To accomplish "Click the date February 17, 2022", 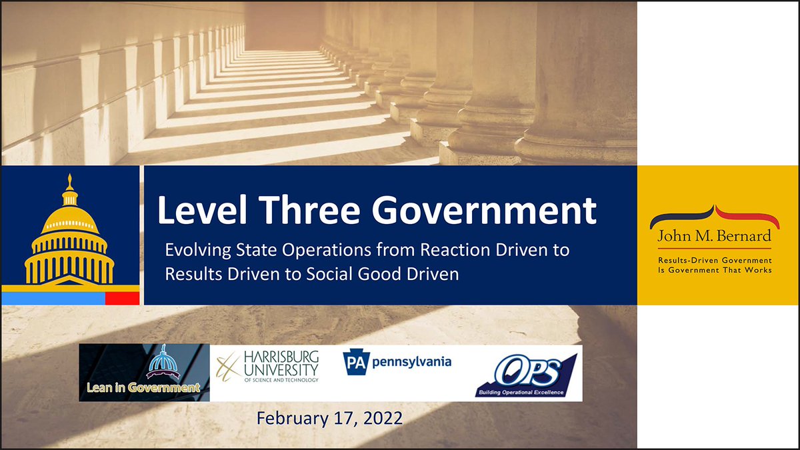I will point(329,419).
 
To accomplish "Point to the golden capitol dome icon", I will point(69,233).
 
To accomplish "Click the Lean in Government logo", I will point(144,373).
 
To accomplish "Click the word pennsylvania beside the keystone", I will point(411,363).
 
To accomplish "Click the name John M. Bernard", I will point(715,236).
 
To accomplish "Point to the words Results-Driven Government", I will point(715,260).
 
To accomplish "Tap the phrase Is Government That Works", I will point(715,270).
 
